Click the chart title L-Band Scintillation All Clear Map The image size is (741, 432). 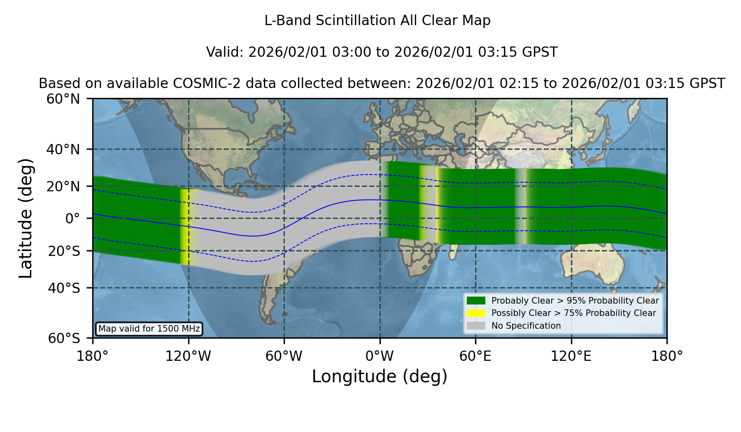(x=377, y=21)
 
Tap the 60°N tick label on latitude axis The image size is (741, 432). (x=63, y=99)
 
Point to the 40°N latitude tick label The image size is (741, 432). (x=63, y=149)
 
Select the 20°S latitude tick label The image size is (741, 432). (x=64, y=251)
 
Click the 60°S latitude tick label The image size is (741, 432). (x=64, y=339)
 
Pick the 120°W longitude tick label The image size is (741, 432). (x=188, y=356)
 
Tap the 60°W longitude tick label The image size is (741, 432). (x=284, y=356)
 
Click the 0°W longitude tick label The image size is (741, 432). (x=380, y=356)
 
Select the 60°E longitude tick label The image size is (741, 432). (x=475, y=356)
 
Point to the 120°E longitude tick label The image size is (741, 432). (x=571, y=356)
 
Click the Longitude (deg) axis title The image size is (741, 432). (x=380, y=376)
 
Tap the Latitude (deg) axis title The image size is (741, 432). (x=26, y=218)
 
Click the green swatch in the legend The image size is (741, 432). (x=476, y=301)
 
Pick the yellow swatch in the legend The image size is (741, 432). (x=476, y=313)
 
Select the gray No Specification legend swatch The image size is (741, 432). (x=476, y=326)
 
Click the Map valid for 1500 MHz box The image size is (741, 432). (x=149, y=329)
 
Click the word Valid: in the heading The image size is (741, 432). (x=225, y=52)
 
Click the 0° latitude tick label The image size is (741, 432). (x=72, y=218)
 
